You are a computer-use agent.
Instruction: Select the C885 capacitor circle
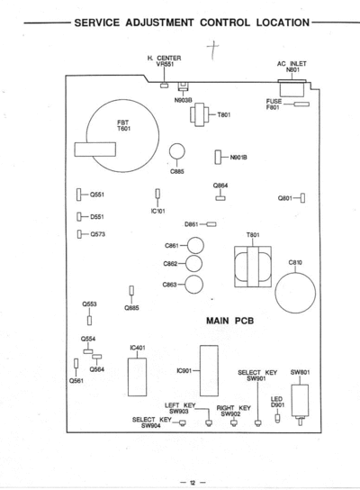[x=177, y=151]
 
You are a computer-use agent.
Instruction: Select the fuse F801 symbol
[x=301, y=104]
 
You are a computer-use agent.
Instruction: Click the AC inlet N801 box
[x=292, y=88]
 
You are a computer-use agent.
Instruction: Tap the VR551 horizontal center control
[x=164, y=86]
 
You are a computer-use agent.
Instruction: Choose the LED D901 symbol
[x=277, y=418]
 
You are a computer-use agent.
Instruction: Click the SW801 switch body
[x=300, y=401]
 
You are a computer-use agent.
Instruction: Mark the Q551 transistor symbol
[x=78, y=195]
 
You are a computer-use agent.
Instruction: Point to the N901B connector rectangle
[x=218, y=158]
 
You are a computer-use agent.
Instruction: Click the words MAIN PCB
[x=229, y=321]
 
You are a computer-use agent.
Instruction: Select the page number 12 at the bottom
[x=193, y=483]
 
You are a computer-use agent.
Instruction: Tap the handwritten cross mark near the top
[x=213, y=50]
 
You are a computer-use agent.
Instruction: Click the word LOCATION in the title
[x=283, y=23]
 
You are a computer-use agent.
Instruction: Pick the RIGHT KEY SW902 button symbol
[x=233, y=422]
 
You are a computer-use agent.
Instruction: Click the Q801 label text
[x=285, y=198]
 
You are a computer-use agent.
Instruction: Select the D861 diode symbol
[x=211, y=224]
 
